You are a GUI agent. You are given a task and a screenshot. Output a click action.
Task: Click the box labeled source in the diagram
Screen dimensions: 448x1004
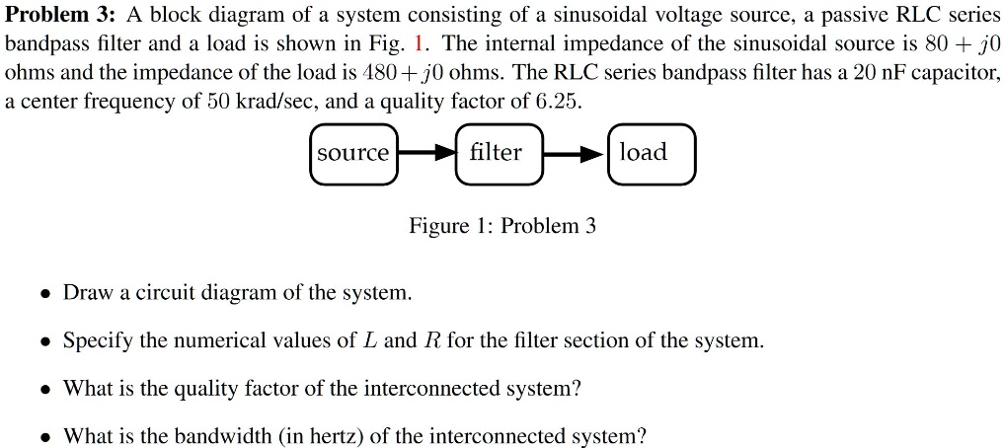click(353, 154)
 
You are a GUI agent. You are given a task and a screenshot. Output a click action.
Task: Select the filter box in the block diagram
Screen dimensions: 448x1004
click(499, 153)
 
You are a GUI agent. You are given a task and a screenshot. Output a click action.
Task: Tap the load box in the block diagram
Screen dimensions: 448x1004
click(652, 153)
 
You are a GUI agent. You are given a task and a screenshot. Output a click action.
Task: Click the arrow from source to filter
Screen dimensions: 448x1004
click(426, 154)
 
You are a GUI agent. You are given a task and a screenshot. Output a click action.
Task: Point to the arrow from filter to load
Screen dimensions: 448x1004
click(575, 154)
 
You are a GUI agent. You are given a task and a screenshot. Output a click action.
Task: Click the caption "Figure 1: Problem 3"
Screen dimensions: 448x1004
click(502, 226)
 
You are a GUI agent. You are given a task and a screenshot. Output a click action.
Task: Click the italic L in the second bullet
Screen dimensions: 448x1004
click(370, 341)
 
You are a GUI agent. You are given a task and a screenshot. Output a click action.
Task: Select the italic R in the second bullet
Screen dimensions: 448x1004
click(432, 341)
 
